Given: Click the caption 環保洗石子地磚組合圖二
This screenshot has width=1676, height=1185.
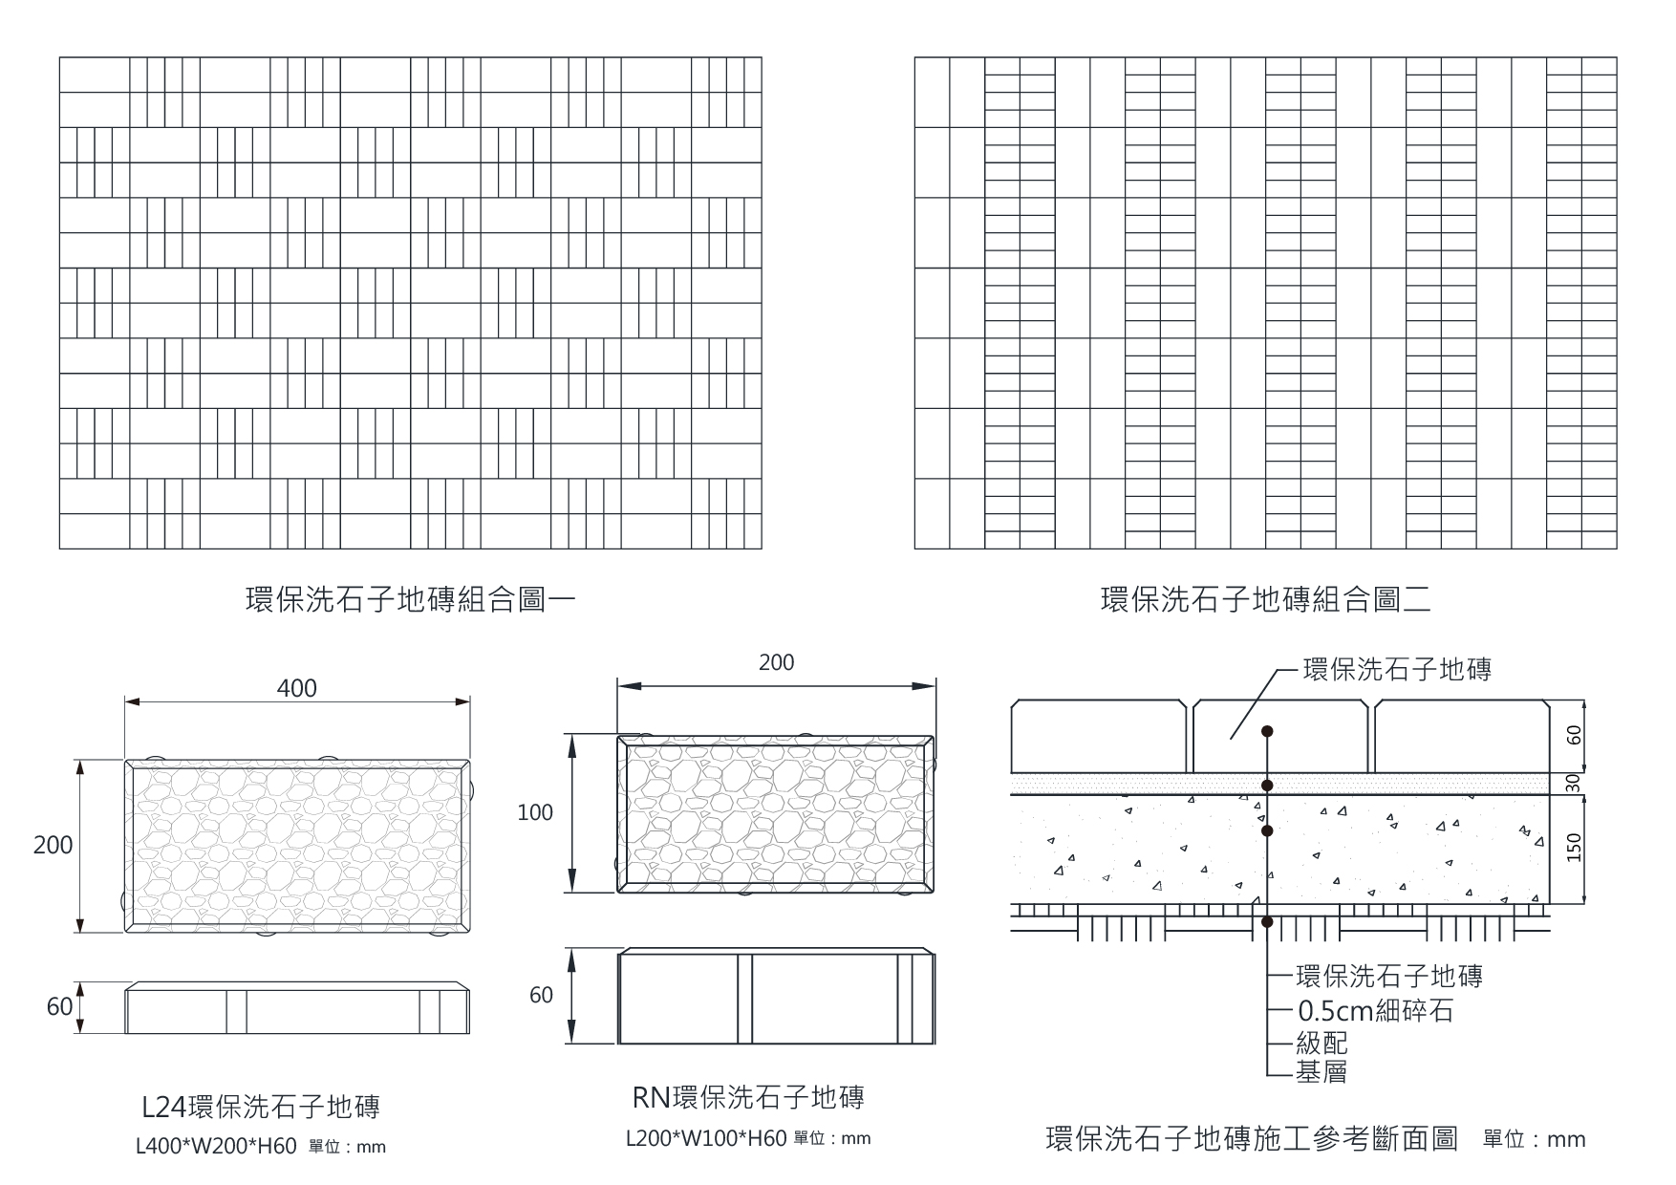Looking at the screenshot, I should tap(1265, 600).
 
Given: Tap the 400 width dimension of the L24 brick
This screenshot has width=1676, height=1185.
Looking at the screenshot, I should tap(296, 688).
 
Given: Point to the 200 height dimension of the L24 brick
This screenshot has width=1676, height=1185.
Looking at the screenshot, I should tap(53, 845).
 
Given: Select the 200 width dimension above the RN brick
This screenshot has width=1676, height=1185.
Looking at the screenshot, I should tap(776, 662).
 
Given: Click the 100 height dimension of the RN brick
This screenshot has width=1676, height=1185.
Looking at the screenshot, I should tap(535, 812).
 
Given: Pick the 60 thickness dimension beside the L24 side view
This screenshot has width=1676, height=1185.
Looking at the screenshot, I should tap(59, 1006).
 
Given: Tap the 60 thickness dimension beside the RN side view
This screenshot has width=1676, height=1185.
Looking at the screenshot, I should tap(541, 995).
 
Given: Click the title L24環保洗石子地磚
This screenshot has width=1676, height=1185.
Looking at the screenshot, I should tap(260, 1107).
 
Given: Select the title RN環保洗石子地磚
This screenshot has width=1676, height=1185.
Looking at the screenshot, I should tap(748, 1097).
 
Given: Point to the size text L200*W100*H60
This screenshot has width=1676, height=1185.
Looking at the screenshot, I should tap(706, 1138).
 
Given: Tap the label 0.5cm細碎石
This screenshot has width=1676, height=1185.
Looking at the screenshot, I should tap(1375, 1010).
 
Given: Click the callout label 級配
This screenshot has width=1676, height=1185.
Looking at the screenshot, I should tap(1321, 1043).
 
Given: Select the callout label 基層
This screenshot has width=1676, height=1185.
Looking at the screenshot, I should tap(1321, 1072).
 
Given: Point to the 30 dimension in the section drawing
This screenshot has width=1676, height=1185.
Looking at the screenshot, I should tap(1575, 783).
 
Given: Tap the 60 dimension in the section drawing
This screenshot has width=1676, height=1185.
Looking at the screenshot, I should tap(1575, 735).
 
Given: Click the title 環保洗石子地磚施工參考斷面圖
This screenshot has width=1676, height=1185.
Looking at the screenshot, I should tap(1252, 1139).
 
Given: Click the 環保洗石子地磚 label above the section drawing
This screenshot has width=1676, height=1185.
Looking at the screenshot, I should tap(1397, 669).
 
